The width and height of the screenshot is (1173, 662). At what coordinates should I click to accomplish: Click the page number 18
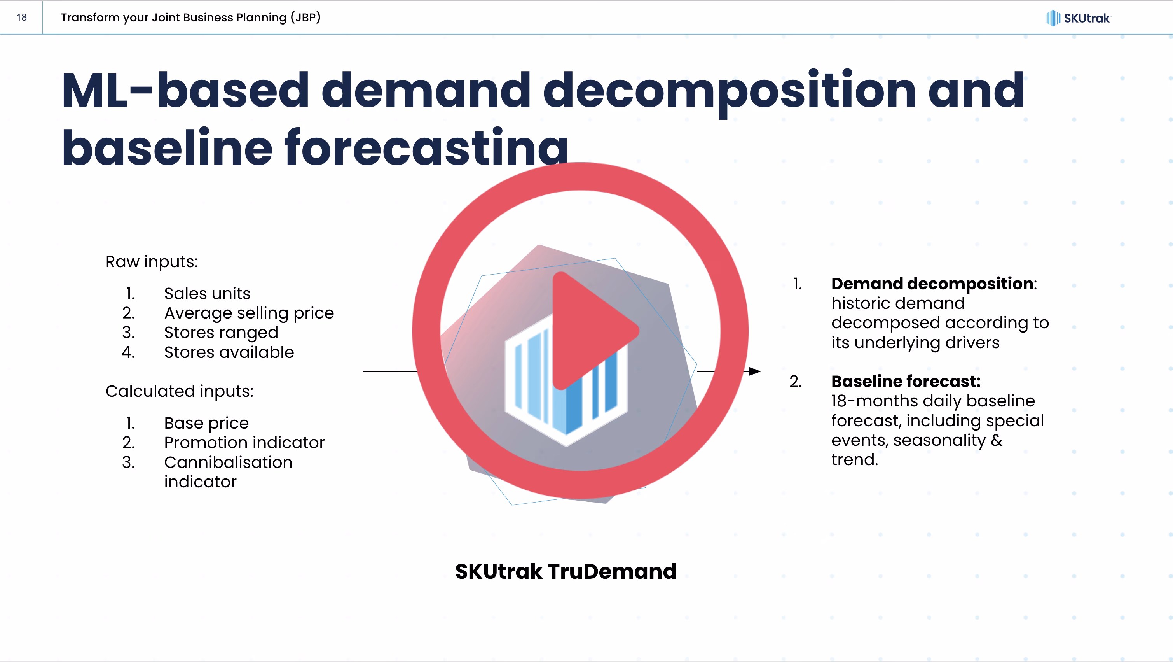[x=21, y=18]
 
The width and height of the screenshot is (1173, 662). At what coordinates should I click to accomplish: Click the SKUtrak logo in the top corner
[x=1078, y=18]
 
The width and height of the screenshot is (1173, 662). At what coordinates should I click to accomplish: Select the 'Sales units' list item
[x=207, y=293]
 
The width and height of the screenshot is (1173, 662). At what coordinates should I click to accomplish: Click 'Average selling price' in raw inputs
[x=249, y=313]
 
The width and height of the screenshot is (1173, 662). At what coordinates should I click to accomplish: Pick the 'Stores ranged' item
[x=221, y=333]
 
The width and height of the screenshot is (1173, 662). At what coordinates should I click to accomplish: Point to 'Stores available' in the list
[x=229, y=352]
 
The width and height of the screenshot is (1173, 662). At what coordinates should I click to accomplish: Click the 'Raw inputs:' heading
[x=152, y=262]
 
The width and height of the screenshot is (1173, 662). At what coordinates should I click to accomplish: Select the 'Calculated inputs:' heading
[x=180, y=391]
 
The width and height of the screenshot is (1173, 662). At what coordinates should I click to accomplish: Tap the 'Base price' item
[x=206, y=423]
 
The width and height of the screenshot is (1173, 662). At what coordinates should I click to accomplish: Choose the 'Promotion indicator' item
[x=244, y=442]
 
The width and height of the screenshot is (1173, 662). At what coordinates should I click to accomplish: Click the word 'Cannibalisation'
[x=228, y=462]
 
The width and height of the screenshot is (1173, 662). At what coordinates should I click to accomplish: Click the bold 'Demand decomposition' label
[x=932, y=284]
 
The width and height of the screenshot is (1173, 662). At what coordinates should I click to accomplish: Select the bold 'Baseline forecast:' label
[x=906, y=381]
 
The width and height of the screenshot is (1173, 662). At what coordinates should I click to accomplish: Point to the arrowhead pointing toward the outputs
[x=754, y=371]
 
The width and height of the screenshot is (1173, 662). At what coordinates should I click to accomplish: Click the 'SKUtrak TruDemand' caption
[x=566, y=571]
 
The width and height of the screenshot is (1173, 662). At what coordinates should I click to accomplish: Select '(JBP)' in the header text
[x=305, y=18]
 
